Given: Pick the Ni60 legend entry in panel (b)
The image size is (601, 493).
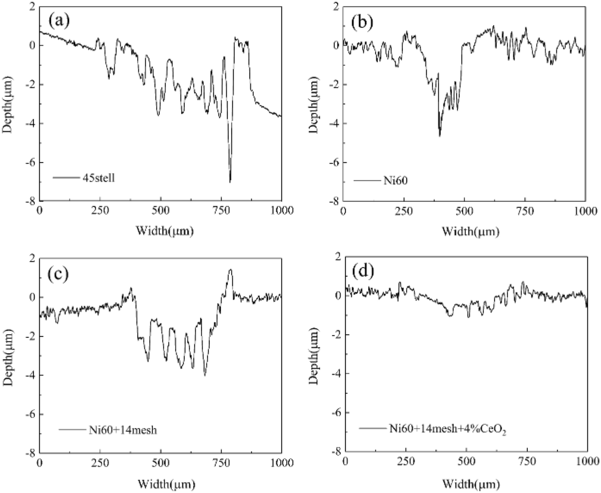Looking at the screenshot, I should (396, 181).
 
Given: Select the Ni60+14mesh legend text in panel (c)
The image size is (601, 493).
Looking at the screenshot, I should (123, 429).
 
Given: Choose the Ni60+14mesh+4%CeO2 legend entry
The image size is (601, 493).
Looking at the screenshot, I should (447, 429).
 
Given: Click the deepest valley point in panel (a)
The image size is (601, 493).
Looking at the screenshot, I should (230, 182).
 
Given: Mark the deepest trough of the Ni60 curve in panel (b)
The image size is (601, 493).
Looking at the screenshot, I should (440, 136).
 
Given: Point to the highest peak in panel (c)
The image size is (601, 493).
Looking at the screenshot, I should (230, 269).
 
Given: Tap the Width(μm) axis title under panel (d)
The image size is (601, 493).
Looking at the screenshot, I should (471, 483).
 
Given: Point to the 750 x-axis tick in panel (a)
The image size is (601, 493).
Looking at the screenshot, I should (221, 211).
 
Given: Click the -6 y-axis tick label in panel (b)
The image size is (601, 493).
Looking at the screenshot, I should (334, 162).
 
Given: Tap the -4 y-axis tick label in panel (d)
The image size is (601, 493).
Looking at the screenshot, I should (336, 373).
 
